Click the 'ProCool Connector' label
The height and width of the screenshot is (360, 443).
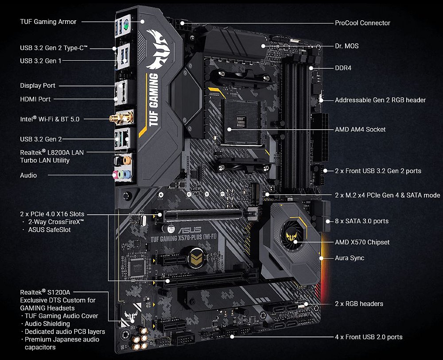click(x=362, y=23)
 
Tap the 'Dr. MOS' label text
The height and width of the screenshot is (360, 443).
click(x=346, y=46)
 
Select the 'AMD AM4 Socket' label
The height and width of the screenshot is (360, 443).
click(x=360, y=129)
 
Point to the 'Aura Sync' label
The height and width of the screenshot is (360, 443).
click(x=350, y=258)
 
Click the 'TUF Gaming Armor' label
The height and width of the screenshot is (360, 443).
click(x=48, y=21)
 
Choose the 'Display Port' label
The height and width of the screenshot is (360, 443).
click(x=38, y=85)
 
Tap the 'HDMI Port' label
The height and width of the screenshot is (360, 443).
click(x=35, y=99)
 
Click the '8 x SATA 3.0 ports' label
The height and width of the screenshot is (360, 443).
click(x=361, y=221)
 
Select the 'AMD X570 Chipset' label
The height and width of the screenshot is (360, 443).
click(x=362, y=242)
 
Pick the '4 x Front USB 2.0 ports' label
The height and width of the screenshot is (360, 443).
click(x=369, y=337)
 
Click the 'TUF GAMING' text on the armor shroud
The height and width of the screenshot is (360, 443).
click(x=153, y=100)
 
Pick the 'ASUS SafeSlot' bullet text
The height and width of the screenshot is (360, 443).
click(x=49, y=230)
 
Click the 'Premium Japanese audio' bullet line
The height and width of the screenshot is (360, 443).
click(x=62, y=340)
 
